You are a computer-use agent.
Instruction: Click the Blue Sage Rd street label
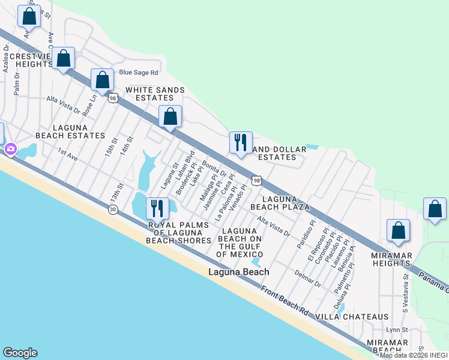click(x=138, y=73)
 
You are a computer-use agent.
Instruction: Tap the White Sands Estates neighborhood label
click(x=149, y=94)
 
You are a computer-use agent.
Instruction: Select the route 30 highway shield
click(x=113, y=209)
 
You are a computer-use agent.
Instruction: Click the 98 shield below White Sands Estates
click(x=113, y=98)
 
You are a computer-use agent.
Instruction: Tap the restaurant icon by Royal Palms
click(x=157, y=208)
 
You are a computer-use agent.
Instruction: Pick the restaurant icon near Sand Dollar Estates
click(x=241, y=143)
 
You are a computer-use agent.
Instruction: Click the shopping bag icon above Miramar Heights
click(x=398, y=230)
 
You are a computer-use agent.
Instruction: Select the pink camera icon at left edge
click(x=10, y=149)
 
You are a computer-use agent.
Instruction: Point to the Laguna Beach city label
click(x=238, y=272)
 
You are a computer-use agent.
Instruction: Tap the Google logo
click(x=20, y=353)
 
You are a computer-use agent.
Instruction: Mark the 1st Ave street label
click(x=68, y=155)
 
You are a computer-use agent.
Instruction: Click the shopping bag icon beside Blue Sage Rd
click(x=103, y=80)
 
